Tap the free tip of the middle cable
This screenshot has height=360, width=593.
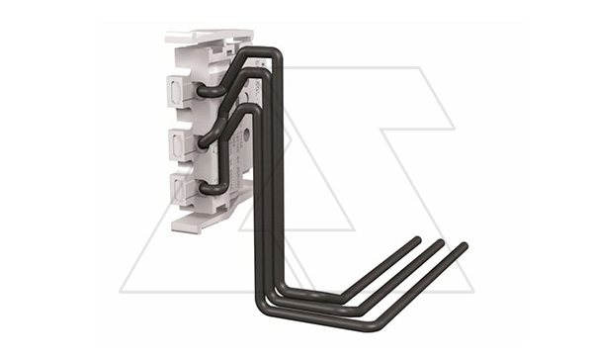(440, 243)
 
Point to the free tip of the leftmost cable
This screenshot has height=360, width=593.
(416, 240)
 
